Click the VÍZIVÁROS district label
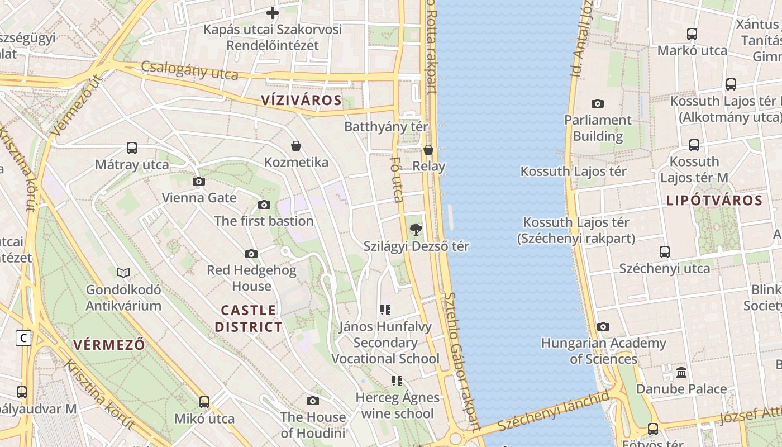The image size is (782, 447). coord(301,101)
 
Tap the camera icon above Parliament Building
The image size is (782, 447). coord(598,103)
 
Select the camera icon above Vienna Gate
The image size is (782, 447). coord(198,181)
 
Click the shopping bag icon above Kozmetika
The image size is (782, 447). coord(296,146)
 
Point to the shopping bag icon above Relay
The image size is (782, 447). coord(428,150)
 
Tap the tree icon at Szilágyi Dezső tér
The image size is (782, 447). coord(416,229)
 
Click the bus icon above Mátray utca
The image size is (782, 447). coord(132,148)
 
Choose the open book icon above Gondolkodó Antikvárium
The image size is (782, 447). coord(123,273)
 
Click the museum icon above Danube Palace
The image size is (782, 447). coord(681,372)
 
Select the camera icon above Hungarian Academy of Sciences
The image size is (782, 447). coord(603,326)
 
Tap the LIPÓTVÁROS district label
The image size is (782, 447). coord(714,200)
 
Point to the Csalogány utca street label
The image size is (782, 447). coord(190,70)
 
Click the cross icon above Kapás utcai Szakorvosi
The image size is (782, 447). coord(273,12)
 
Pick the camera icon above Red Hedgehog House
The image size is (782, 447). coord(251,254)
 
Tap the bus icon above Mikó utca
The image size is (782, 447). coord(204,402)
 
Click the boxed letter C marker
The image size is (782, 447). coord(23,338)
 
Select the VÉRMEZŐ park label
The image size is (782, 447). coord(109,345)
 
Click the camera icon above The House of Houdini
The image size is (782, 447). coord(313,401)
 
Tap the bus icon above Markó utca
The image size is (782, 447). coord(692,34)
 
